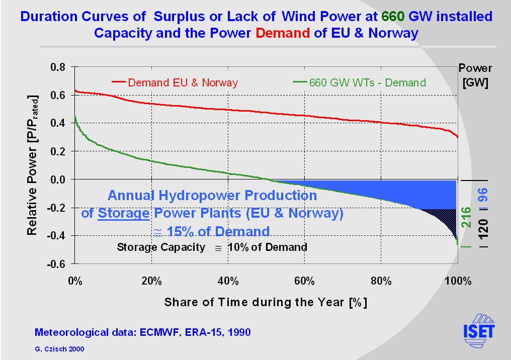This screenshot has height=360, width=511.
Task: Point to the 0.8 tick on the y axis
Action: click(x=60, y=67)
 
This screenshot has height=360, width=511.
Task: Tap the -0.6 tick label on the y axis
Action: click(x=58, y=264)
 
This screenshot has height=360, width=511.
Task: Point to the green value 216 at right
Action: click(x=466, y=217)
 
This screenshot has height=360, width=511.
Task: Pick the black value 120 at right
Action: click(x=483, y=227)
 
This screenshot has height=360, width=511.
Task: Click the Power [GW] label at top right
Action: click(x=475, y=75)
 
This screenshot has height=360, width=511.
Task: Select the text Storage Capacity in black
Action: click(x=161, y=247)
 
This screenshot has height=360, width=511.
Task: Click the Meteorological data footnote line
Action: click(x=142, y=332)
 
